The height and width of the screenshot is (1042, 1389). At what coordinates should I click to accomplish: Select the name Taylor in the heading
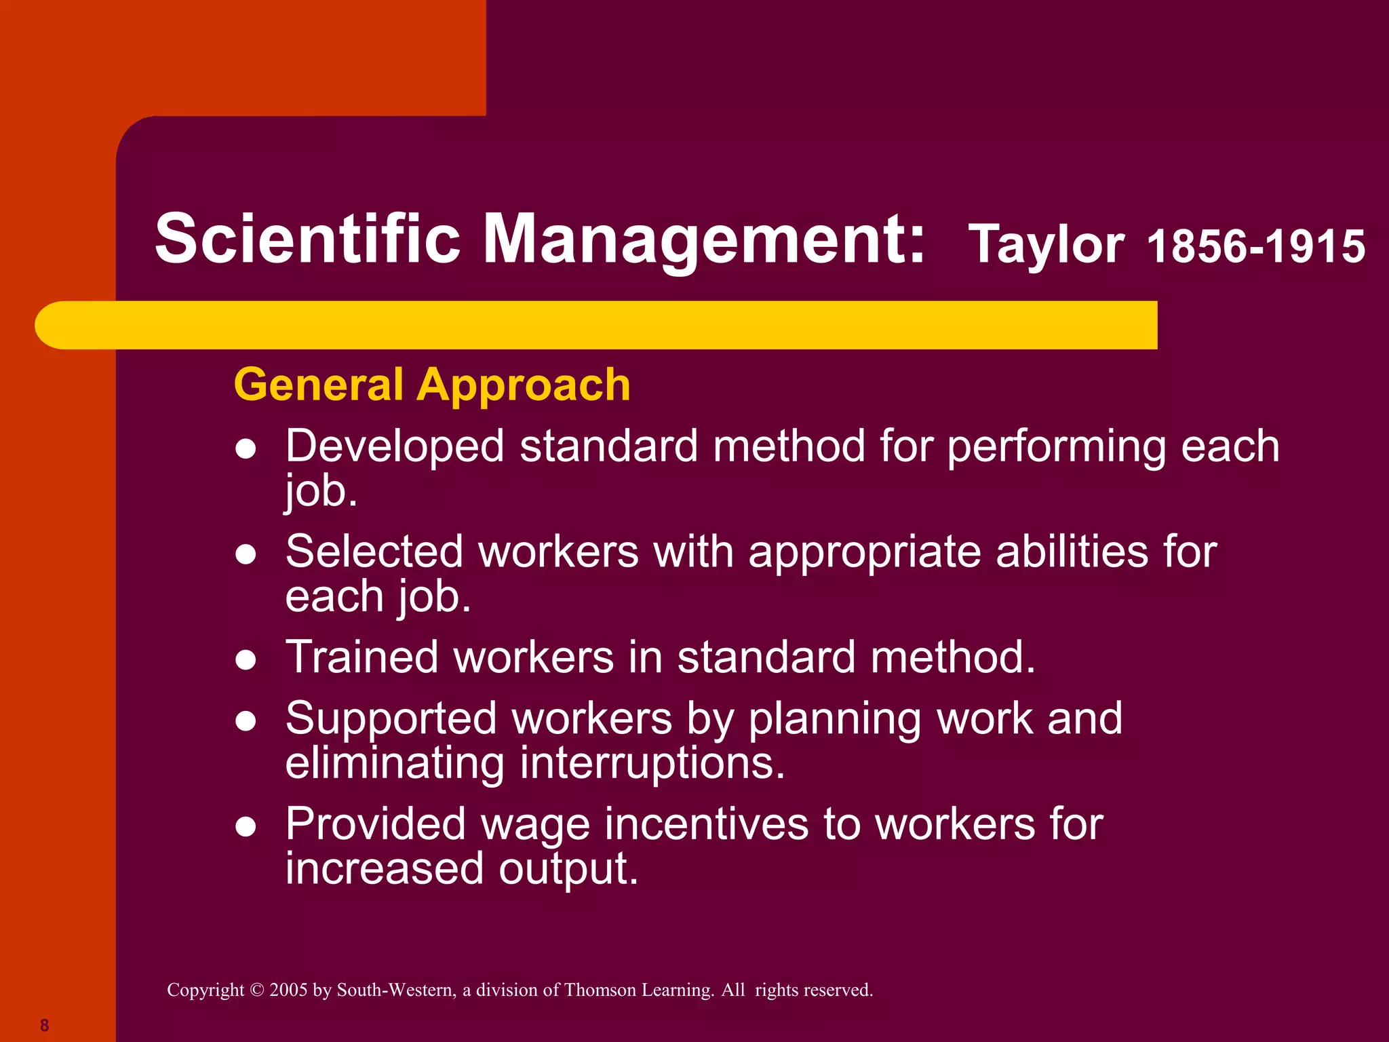(1046, 244)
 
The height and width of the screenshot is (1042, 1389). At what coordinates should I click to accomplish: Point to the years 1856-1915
(1255, 246)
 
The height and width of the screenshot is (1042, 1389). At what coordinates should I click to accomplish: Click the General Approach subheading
(432, 385)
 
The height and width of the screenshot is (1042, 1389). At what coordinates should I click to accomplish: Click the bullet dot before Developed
(246, 449)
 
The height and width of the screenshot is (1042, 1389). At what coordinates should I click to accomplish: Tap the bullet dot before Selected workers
(246, 554)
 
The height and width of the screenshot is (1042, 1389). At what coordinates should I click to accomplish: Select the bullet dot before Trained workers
(246, 660)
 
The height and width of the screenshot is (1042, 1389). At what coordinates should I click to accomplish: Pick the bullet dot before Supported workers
(246, 721)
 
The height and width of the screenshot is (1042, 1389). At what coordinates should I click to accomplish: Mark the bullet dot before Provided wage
(246, 827)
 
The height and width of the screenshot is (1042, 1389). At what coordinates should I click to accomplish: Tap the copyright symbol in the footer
(256, 990)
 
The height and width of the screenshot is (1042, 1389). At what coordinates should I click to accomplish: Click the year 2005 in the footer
(288, 990)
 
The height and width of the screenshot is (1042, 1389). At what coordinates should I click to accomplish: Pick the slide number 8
(45, 1025)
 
